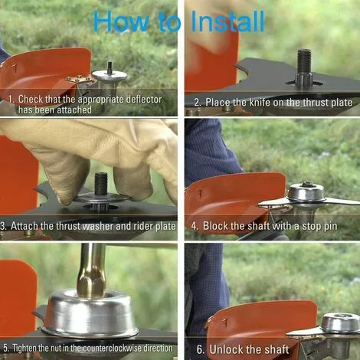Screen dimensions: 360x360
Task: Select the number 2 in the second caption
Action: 197,102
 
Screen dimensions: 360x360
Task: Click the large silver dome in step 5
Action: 91,310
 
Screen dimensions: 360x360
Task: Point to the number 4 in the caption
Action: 195,227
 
